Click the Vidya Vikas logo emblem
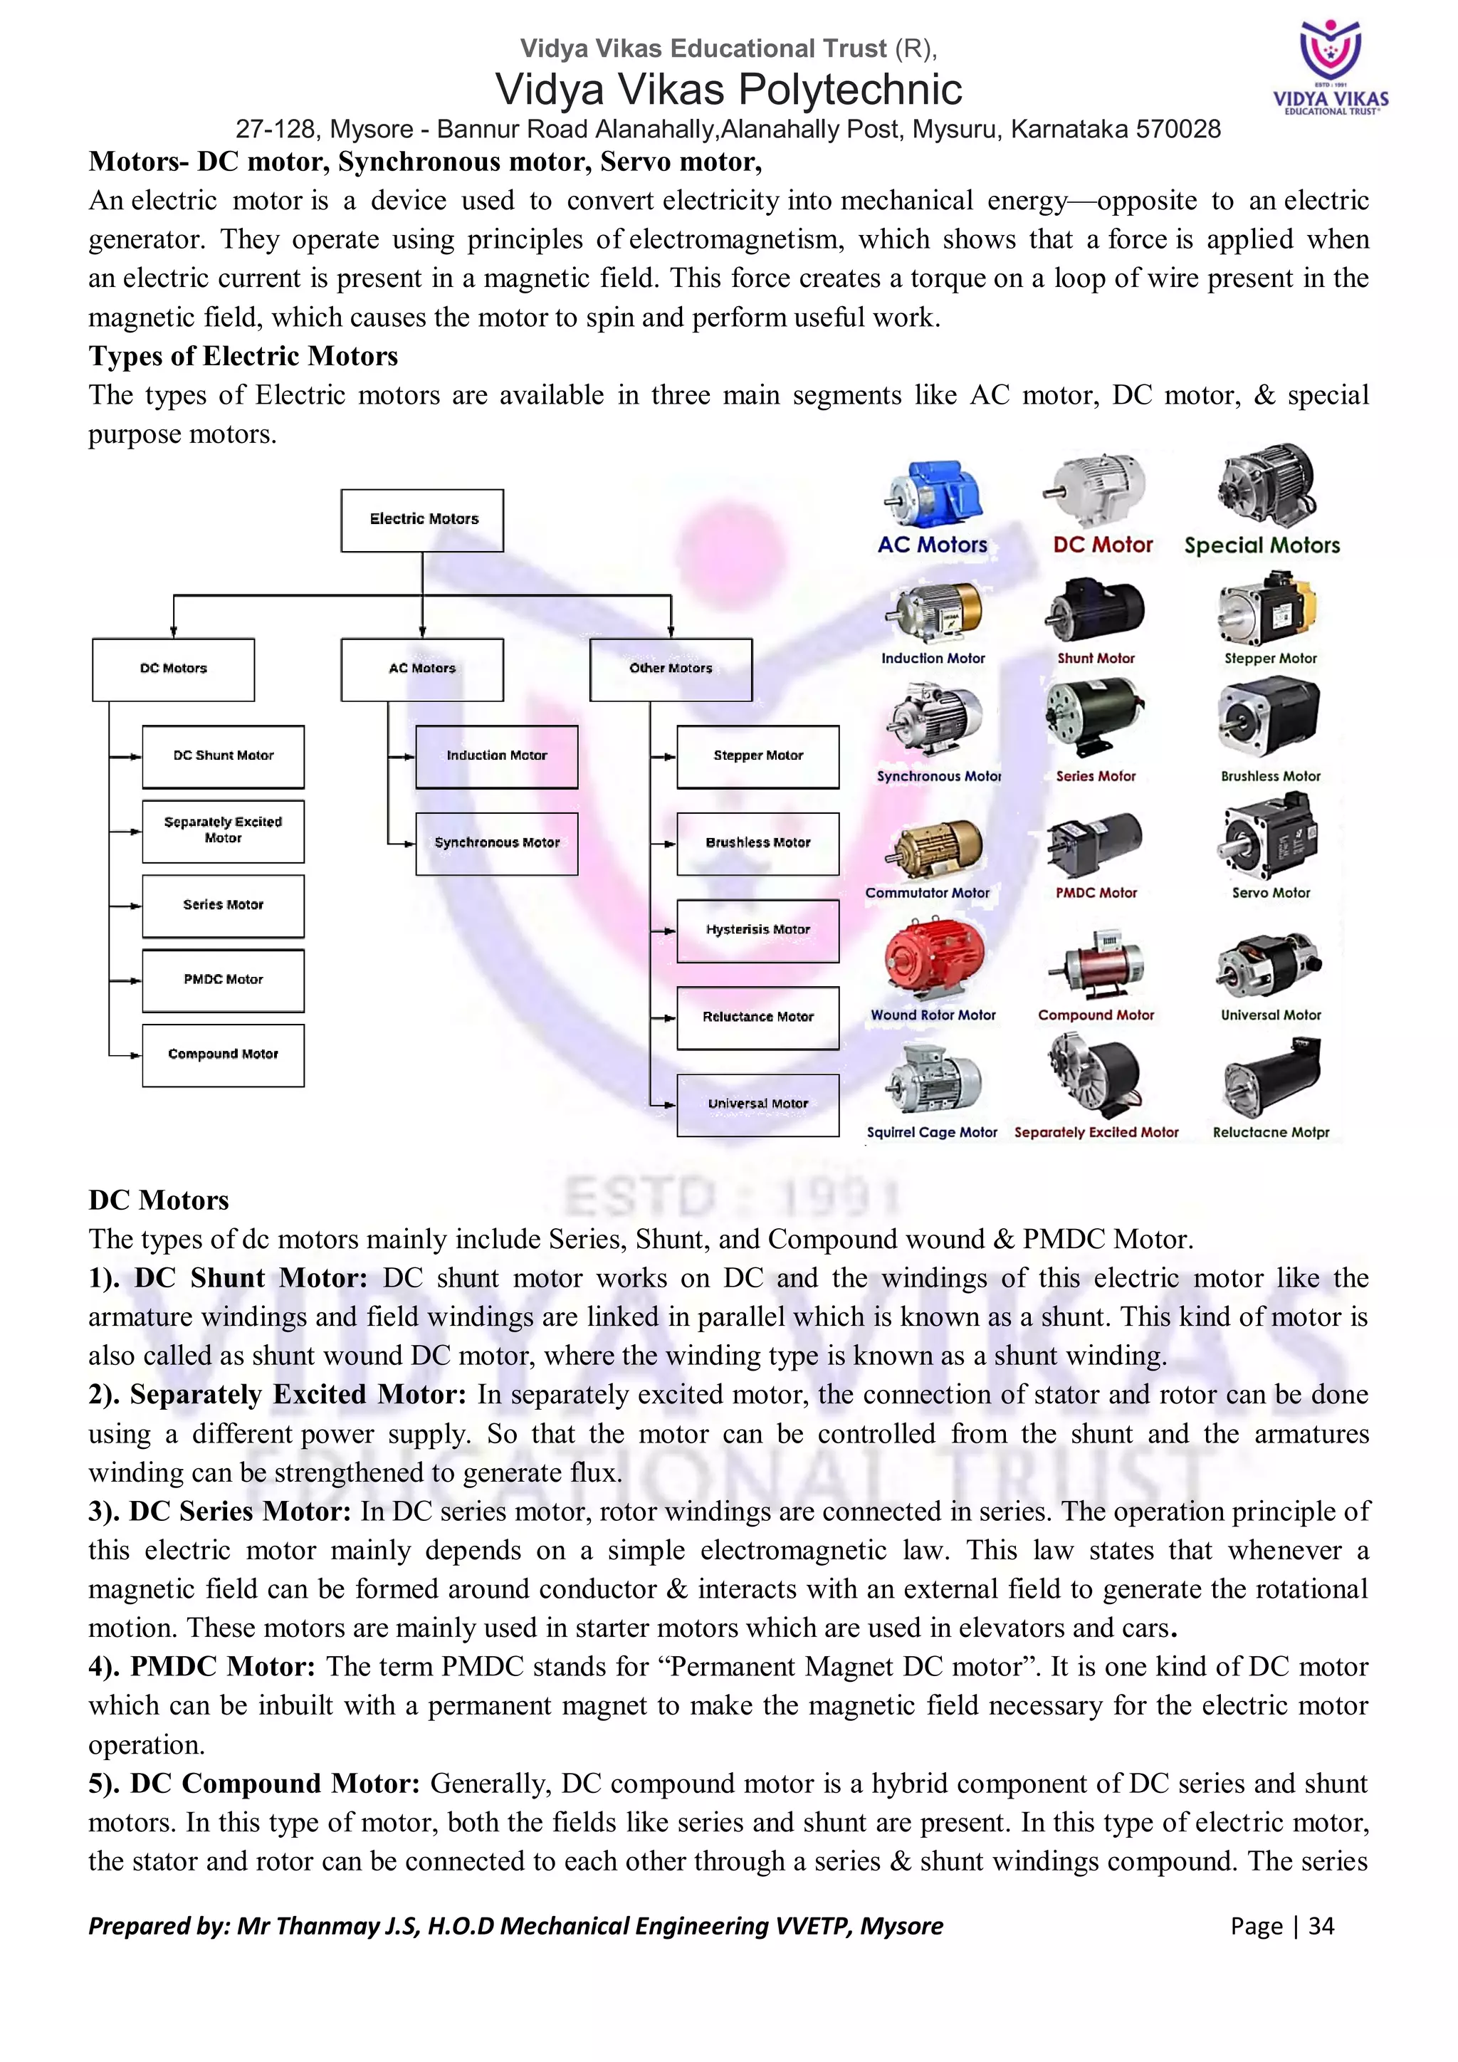click(1331, 51)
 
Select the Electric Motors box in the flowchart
click(422, 520)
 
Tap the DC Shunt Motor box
click(223, 756)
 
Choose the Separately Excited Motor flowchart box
click(223, 831)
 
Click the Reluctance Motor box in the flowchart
click(757, 1017)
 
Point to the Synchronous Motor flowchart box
click(496, 843)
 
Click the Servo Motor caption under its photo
click(1270, 894)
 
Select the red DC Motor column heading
click(1103, 545)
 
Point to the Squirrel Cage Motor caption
click(932, 1134)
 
